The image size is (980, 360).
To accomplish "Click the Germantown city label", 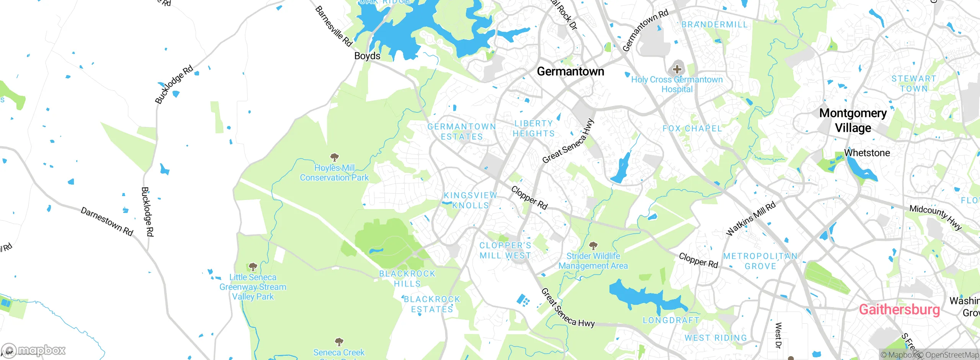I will pyautogui.click(x=570, y=72).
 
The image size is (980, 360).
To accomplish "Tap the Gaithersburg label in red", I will pyautogui.click(x=899, y=309).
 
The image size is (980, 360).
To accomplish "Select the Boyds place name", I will pyautogui.click(x=367, y=56).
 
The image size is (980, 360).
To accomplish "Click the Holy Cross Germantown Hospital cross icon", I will pyautogui.click(x=677, y=69).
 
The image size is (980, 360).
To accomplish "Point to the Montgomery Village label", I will pyautogui.click(x=853, y=120).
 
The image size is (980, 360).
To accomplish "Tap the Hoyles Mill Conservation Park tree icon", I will pyautogui.click(x=334, y=157).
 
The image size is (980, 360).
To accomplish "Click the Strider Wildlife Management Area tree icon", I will pyautogui.click(x=593, y=245).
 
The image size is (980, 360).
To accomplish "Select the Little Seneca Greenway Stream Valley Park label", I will pyautogui.click(x=253, y=287).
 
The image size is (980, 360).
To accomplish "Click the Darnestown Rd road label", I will pyautogui.click(x=107, y=221).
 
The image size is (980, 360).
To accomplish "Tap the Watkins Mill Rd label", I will pyautogui.click(x=751, y=218).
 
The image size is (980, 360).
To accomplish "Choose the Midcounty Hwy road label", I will pyautogui.click(x=935, y=217).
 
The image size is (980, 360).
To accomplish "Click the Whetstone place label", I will pyautogui.click(x=867, y=153).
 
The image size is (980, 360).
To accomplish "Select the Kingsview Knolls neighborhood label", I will pyautogui.click(x=470, y=200).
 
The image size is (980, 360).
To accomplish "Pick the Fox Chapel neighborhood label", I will pyautogui.click(x=692, y=129).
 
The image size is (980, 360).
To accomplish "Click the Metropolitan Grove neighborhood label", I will pyautogui.click(x=760, y=261).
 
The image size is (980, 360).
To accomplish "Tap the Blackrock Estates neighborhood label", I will pyautogui.click(x=432, y=304).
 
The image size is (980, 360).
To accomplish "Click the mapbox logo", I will pyautogui.click(x=34, y=350).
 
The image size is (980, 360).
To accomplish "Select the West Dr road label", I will pyautogui.click(x=778, y=335).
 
